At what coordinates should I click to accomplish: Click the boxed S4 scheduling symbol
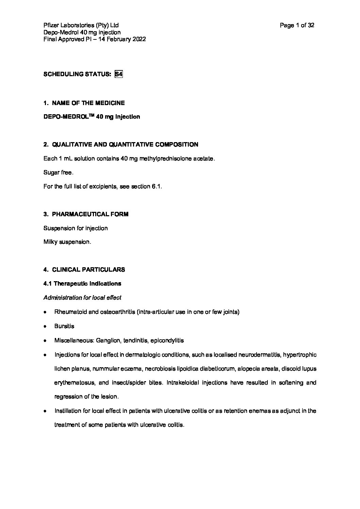click(x=118, y=74)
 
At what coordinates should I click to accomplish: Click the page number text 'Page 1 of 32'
click(x=297, y=25)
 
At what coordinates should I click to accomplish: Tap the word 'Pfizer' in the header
click(x=51, y=25)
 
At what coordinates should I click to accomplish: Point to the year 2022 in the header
click(x=140, y=39)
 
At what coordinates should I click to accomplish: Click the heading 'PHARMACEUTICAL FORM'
click(x=90, y=214)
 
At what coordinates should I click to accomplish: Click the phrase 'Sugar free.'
click(x=58, y=173)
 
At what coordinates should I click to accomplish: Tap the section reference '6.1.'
click(x=156, y=187)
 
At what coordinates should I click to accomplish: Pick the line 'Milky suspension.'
click(x=67, y=242)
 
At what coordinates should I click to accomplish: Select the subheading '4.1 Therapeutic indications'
click(x=82, y=284)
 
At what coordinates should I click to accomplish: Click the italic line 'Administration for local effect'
click(x=82, y=298)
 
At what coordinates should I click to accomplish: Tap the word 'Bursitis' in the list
click(x=64, y=326)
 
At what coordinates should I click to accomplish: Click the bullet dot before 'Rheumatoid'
click(x=45, y=312)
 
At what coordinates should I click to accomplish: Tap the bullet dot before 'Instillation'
click(x=45, y=411)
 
